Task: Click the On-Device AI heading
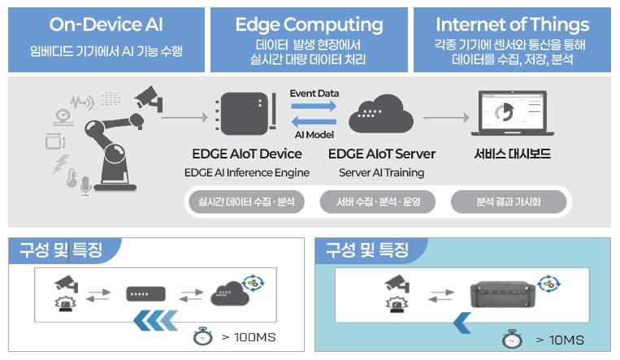[106, 24]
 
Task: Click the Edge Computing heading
[310, 24]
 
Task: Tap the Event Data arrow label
[314, 93]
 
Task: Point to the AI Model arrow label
[314, 134]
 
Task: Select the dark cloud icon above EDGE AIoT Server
[381, 116]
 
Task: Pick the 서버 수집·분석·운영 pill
[377, 202]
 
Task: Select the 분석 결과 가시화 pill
[509, 202]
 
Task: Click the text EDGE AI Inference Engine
[246, 172]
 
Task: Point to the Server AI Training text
[381, 172]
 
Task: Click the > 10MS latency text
[560, 340]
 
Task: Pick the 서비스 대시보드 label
[511, 154]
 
